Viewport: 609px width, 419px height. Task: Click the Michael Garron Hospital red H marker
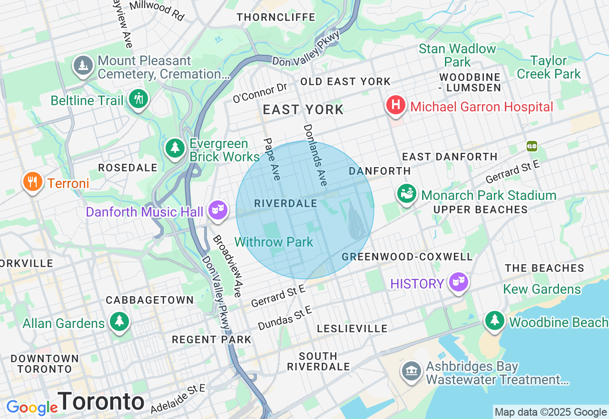(x=395, y=106)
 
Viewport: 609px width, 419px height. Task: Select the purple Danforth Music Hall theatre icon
(x=218, y=210)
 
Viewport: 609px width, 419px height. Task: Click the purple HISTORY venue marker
(x=459, y=283)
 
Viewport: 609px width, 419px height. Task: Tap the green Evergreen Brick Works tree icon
(x=175, y=148)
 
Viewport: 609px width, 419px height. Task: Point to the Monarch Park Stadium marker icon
(x=407, y=194)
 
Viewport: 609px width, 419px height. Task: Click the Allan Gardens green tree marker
(x=119, y=322)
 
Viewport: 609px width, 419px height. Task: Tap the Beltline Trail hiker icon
(x=138, y=99)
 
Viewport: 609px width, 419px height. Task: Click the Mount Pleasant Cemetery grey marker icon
(x=83, y=66)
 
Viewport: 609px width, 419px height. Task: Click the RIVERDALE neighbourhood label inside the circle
(x=285, y=203)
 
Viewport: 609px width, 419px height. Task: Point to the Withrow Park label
(x=274, y=242)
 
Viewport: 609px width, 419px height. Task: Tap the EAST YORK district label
(x=303, y=110)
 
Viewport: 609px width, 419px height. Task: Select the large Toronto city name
(x=101, y=401)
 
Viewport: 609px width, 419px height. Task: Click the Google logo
(x=32, y=408)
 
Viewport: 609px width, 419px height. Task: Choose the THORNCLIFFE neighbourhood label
(x=276, y=17)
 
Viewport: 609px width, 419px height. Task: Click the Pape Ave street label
(x=272, y=159)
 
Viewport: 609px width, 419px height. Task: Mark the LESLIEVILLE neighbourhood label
(x=352, y=329)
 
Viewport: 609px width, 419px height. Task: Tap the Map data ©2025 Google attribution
(x=550, y=412)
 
